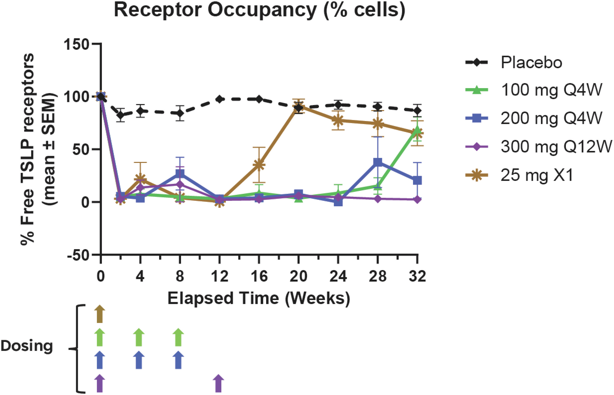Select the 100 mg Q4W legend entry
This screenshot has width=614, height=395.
point(551,90)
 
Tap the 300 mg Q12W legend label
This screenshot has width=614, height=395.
point(556,147)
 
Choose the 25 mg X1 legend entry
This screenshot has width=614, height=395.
point(537,176)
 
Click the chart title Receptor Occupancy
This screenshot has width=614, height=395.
point(260,10)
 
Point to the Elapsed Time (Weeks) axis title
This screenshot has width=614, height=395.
point(259,299)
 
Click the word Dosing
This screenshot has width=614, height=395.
point(27,346)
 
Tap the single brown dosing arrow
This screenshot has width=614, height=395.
point(100,314)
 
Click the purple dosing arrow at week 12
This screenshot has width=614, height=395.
point(218,383)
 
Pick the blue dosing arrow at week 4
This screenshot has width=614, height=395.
point(139,360)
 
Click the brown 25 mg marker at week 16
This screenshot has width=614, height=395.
point(259,165)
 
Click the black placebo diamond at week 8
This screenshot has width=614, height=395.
point(180,113)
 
